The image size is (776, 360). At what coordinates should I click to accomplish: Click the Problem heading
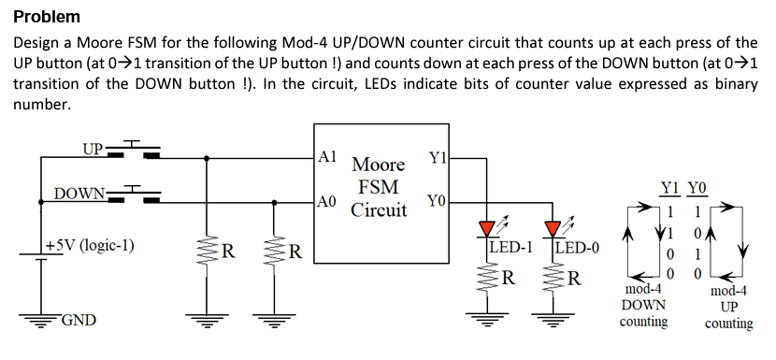(x=47, y=17)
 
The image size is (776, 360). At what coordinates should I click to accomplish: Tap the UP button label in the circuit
(x=93, y=149)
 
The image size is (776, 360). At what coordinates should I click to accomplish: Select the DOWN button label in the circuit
(x=79, y=194)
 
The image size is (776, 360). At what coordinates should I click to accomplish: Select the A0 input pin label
(x=327, y=201)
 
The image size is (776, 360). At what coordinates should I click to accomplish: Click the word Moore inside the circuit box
(x=379, y=165)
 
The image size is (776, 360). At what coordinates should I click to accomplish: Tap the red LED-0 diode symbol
(x=553, y=228)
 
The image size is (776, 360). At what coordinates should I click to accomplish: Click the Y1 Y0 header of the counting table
(x=683, y=188)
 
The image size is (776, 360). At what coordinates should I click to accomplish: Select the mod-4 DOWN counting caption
(x=644, y=306)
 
